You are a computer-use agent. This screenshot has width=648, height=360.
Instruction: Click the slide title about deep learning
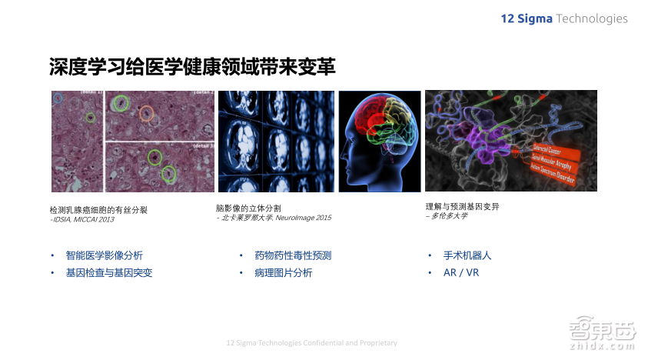192,67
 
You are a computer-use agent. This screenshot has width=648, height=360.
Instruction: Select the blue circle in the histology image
58,98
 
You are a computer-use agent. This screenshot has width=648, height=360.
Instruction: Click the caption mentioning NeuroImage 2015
274,218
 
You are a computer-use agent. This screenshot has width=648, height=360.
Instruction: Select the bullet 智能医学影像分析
104,255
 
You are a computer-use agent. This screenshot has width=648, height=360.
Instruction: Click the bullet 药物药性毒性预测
293,255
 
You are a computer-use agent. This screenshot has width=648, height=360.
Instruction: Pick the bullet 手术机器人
467,255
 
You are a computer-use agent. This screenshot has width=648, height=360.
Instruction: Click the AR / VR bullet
461,272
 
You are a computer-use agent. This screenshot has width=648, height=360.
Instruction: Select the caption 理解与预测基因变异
462,206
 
